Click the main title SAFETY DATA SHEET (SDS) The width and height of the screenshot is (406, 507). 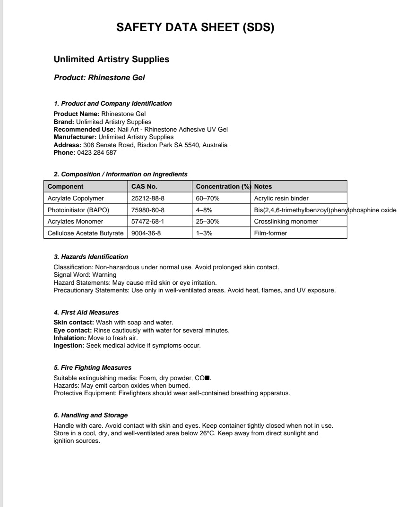(x=195, y=28)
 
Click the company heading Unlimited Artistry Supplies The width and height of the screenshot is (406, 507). (x=112, y=59)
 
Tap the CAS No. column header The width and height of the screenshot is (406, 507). (x=144, y=186)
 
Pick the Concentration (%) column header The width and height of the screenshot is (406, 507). (x=223, y=186)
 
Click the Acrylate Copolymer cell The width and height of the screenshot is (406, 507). (x=76, y=198)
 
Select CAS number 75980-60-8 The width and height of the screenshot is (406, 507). (x=148, y=210)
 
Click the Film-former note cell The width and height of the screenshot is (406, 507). (x=270, y=233)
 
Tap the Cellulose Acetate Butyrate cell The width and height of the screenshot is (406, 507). (x=86, y=233)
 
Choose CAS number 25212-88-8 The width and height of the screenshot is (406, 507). (x=148, y=198)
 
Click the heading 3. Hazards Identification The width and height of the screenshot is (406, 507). (x=91, y=257)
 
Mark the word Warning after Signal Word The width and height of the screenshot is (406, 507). (x=104, y=274)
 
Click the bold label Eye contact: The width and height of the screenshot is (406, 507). (x=73, y=330)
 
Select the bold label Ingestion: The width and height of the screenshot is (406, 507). (x=69, y=346)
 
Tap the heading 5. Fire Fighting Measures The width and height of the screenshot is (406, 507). (x=93, y=367)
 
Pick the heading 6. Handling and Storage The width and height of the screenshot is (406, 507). (x=91, y=415)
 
